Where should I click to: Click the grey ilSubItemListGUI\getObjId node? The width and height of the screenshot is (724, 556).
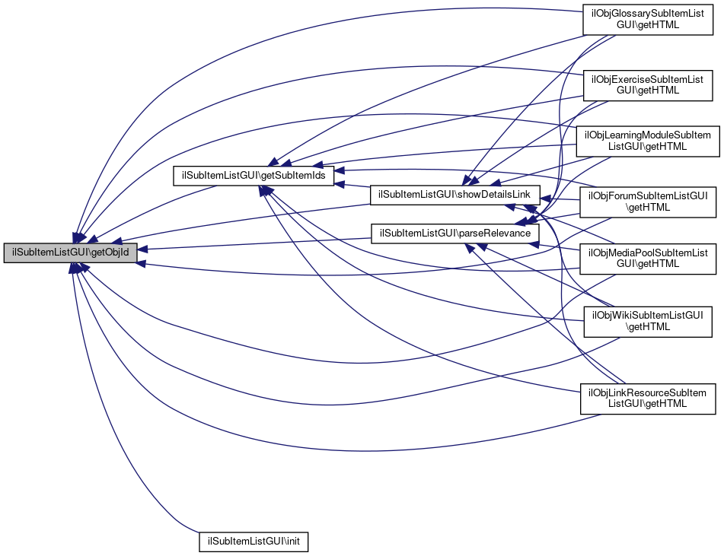[x=70, y=253]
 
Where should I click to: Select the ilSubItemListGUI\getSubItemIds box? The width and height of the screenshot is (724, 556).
[x=254, y=176]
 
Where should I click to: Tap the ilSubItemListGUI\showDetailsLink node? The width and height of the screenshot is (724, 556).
[x=454, y=195]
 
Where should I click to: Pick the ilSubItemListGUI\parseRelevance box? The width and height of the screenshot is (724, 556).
[x=454, y=234]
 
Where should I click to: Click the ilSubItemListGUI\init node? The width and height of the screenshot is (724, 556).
[x=254, y=542]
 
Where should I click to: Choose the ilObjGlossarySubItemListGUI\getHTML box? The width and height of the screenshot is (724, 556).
[x=648, y=19]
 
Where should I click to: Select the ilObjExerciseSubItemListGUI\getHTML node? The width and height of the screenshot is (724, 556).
[x=648, y=85]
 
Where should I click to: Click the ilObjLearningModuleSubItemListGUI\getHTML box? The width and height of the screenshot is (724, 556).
[x=647, y=141]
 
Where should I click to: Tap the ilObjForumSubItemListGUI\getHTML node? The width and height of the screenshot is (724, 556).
[x=648, y=202]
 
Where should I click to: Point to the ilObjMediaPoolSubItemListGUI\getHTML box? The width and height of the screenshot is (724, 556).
[x=648, y=259]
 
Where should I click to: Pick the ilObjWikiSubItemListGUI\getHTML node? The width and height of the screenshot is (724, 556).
[x=648, y=322]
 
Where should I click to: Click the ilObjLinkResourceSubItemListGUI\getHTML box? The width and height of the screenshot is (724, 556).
[x=648, y=399]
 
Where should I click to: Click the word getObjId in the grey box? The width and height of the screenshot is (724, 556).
[x=110, y=253]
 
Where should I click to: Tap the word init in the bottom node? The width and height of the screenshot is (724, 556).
[x=293, y=542]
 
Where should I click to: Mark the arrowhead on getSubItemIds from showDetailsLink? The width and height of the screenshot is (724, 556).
[x=339, y=185]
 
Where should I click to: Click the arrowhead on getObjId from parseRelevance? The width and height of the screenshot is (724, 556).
[x=142, y=249]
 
